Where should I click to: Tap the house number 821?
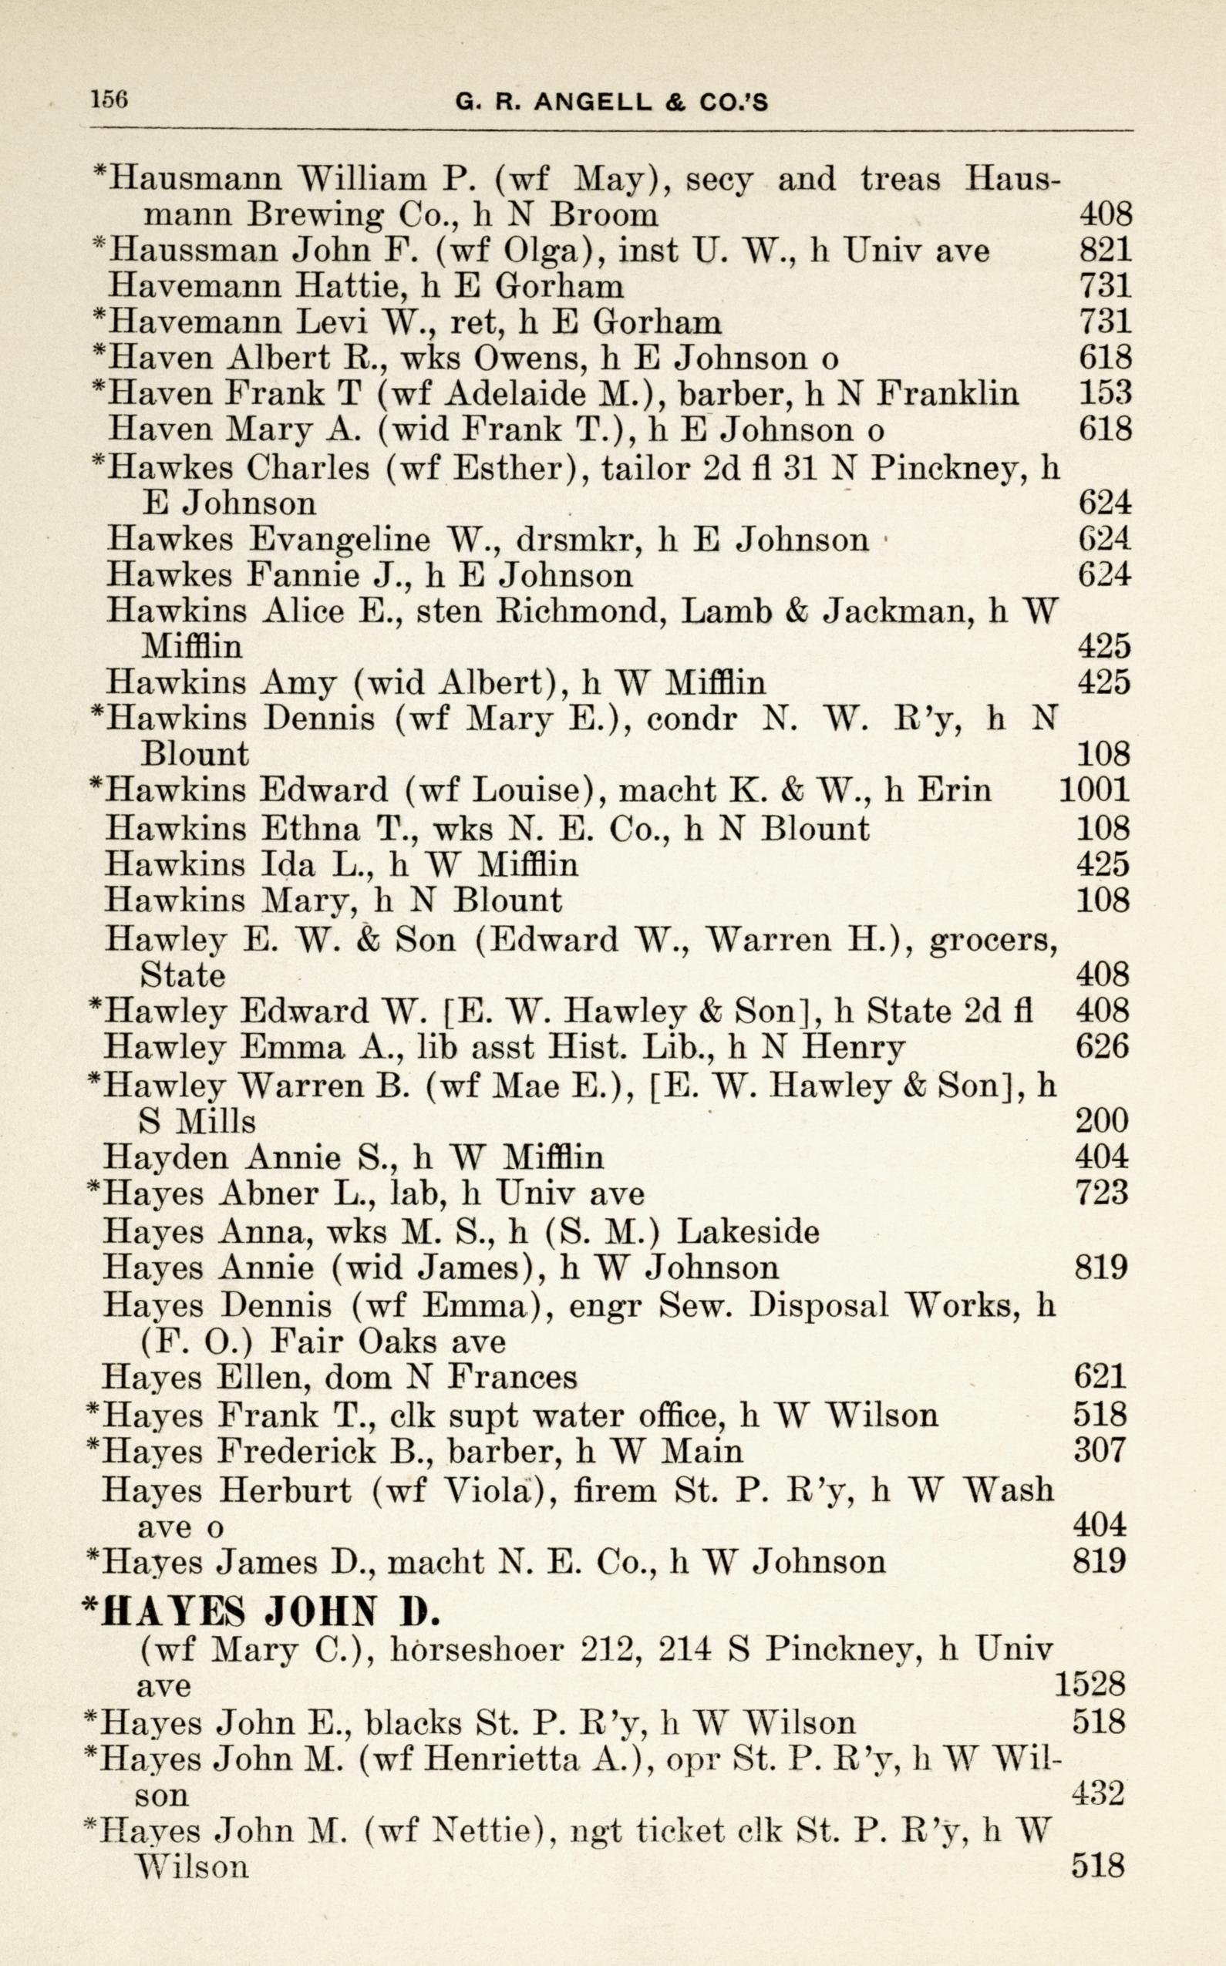[x=1105, y=250]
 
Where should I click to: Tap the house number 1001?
[x=1095, y=789]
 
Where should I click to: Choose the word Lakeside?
[x=748, y=1231]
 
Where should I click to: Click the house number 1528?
[x=1090, y=1685]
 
